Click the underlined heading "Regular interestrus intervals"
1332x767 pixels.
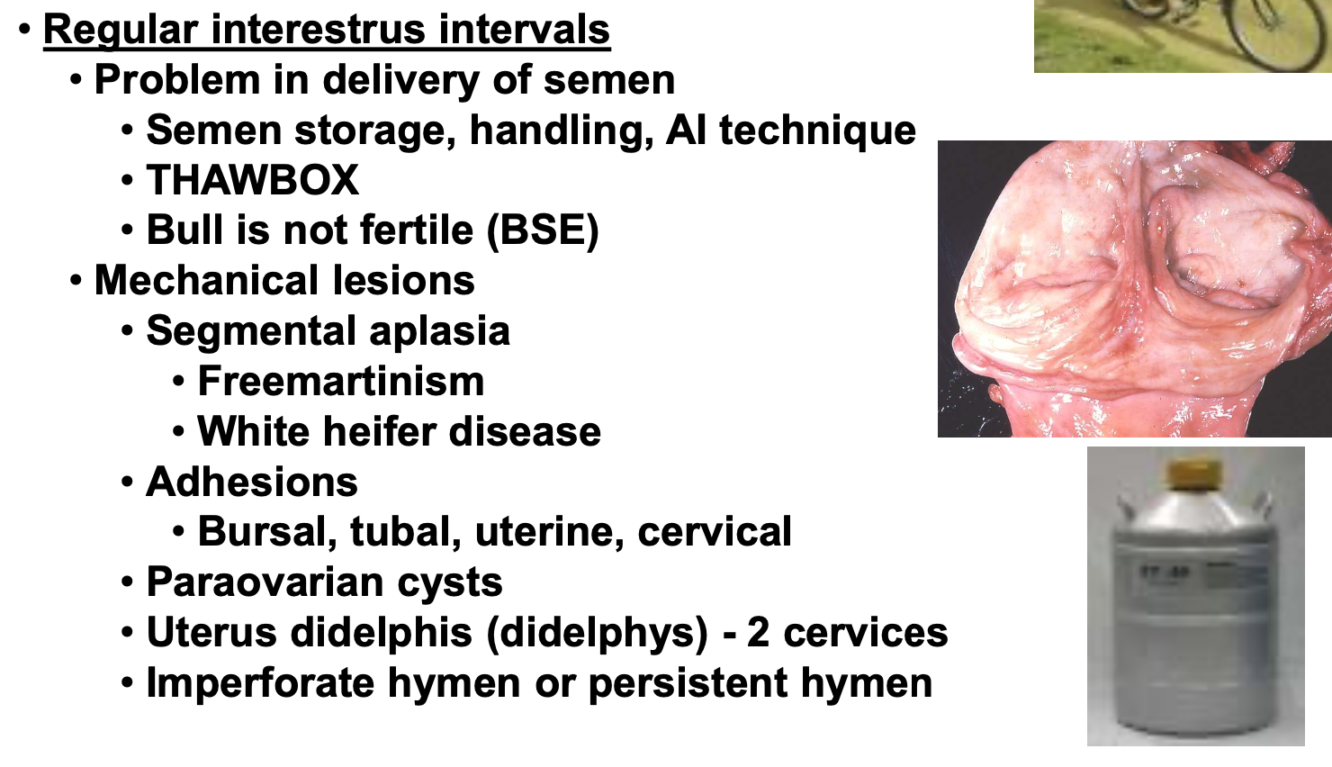pos(327,29)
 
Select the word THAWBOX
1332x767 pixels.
pos(253,179)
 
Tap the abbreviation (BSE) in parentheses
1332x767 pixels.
pos(543,230)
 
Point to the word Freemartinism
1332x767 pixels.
pos(341,381)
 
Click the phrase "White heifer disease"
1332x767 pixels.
pos(399,431)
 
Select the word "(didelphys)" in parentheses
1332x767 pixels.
pos(598,633)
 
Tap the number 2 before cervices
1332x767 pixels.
pos(758,632)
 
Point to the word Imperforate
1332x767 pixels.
pos(260,682)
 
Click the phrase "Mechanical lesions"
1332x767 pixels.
pos(284,280)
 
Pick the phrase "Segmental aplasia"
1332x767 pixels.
pos(328,330)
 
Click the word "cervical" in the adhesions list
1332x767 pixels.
pos(715,531)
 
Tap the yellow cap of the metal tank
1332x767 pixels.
pos(1194,473)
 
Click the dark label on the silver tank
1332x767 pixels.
pos(1156,573)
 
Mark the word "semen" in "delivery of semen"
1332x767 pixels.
pos(609,80)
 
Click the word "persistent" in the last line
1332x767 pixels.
pos(688,682)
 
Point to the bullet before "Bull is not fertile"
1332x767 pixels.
pos(127,230)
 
